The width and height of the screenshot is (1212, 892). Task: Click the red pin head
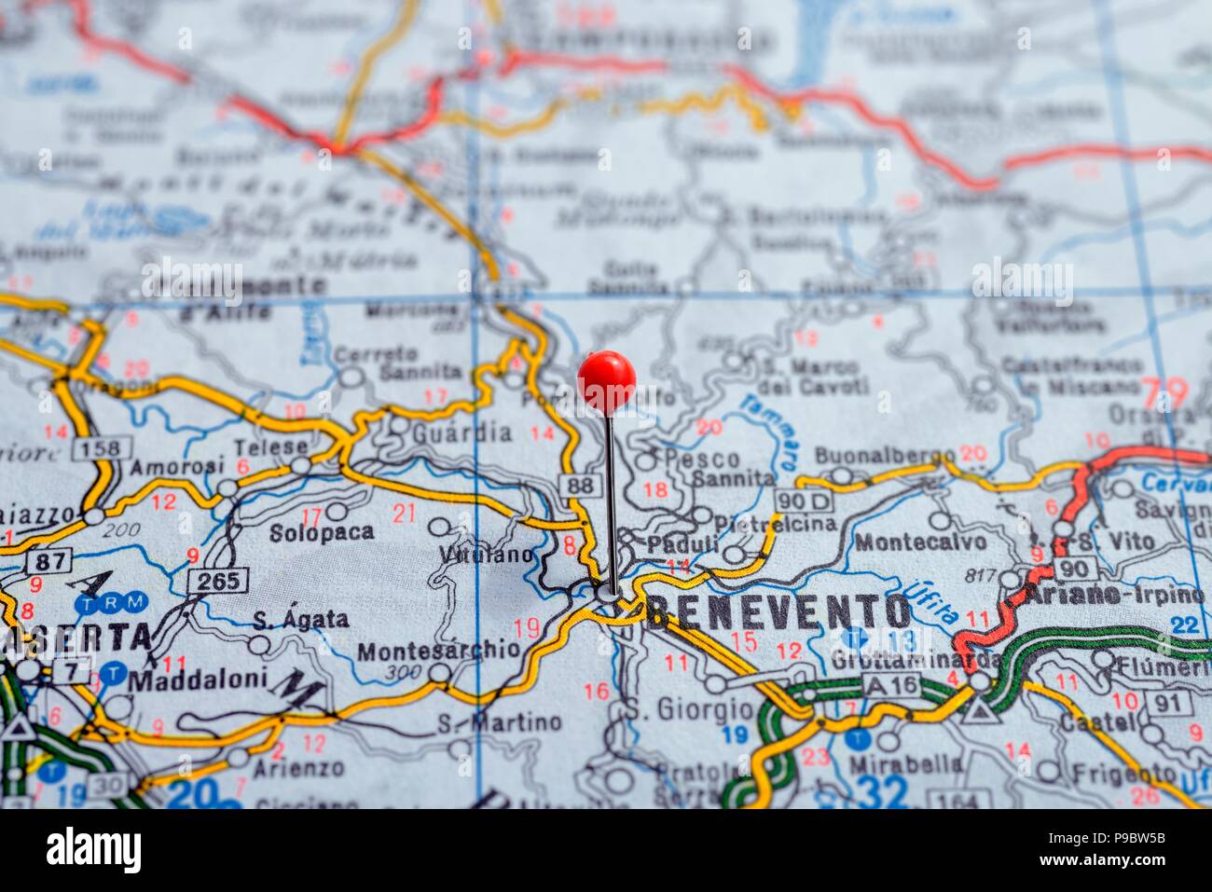606,380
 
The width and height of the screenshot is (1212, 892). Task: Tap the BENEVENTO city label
778,612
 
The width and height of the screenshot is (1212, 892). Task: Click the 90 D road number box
803,500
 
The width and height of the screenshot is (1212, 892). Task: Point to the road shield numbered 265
218,581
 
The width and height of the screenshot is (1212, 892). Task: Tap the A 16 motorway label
890,685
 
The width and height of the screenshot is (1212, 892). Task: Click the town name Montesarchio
438,650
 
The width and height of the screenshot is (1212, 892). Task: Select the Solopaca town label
321,533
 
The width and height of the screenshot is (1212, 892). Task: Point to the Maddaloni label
197,679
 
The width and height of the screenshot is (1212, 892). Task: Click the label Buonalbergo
885,456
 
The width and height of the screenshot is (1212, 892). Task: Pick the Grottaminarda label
916,660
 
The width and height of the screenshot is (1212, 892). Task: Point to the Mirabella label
905,763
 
